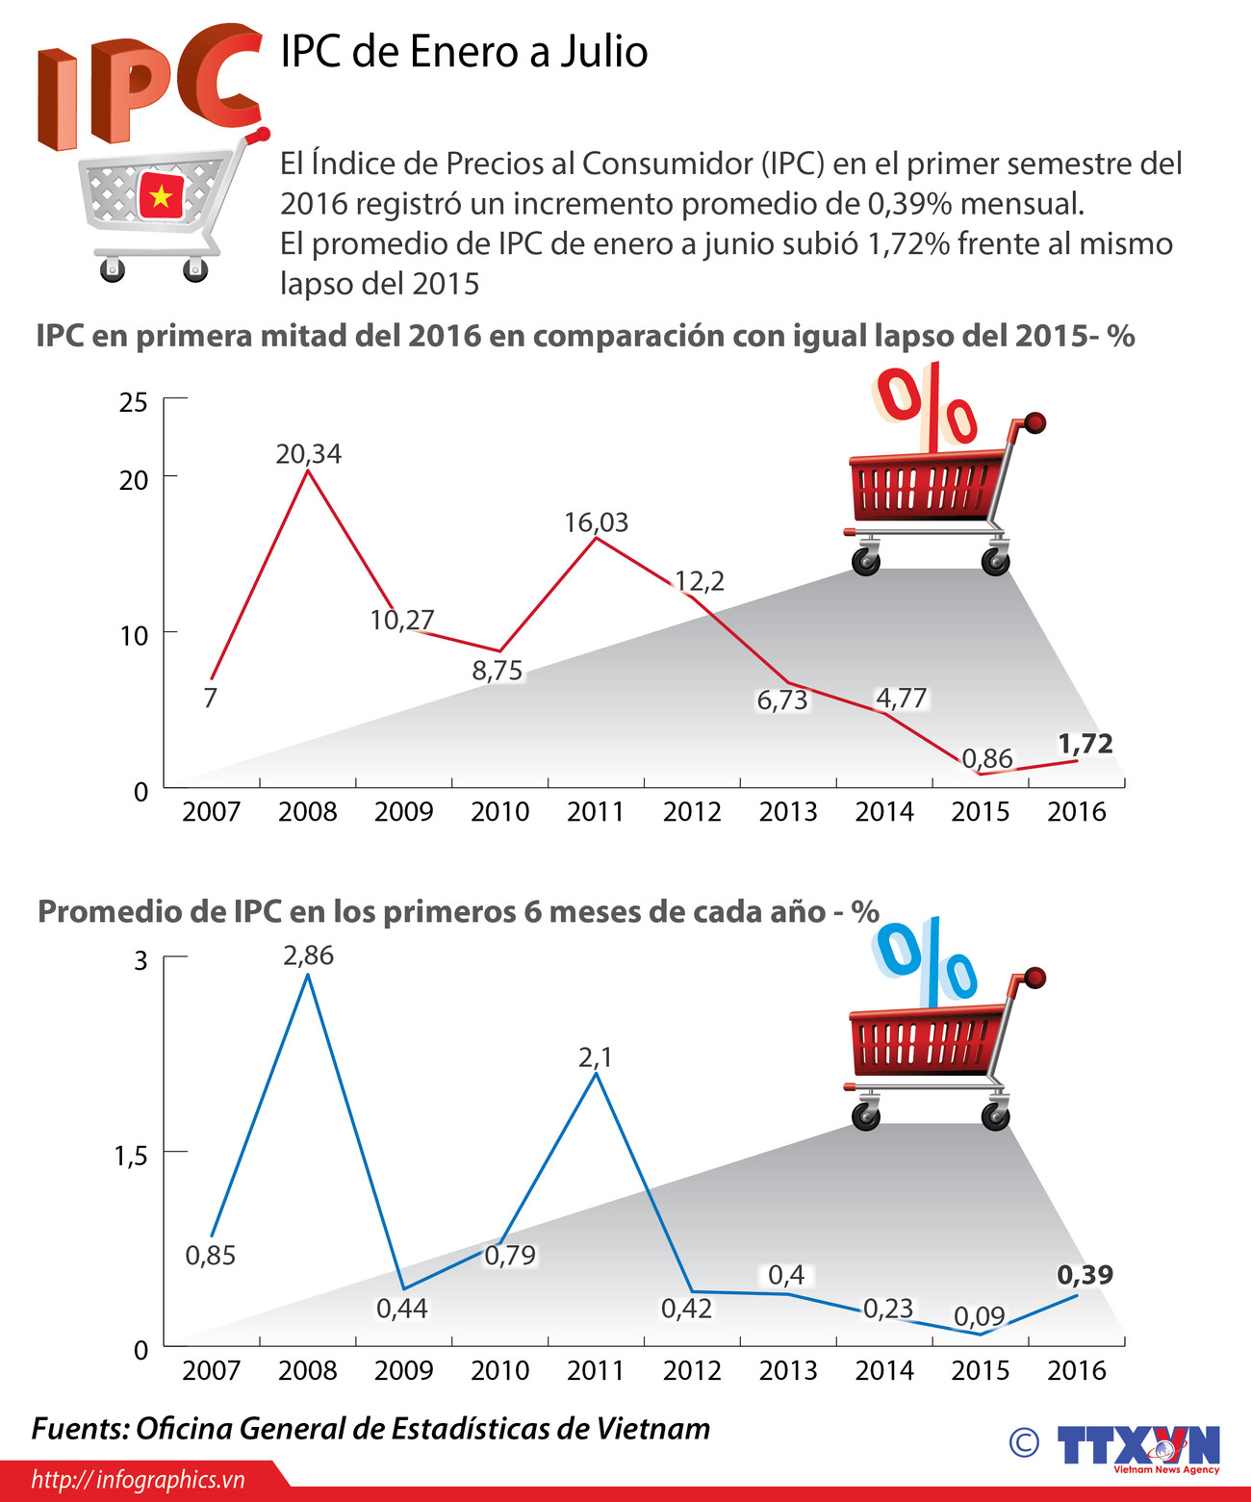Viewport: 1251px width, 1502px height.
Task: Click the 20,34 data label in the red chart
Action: pos(308,453)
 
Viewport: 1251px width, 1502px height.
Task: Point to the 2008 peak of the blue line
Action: pos(307,975)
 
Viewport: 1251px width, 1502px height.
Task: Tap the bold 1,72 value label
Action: pos(1085,744)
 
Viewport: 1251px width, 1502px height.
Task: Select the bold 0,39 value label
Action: pos(1085,1275)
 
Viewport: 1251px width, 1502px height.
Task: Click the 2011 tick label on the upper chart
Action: pos(596,812)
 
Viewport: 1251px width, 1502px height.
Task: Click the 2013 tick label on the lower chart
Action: pos(787,1370)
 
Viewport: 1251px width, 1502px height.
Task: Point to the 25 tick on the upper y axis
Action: pos(134,402)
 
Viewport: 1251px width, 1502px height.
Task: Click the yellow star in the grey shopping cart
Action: pos(161,197)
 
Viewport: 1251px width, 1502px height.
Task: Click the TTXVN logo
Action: pos(1138,1445)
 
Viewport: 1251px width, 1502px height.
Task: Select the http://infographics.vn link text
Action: pos(138,1480)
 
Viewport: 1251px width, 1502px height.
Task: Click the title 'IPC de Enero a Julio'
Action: pos(464,52)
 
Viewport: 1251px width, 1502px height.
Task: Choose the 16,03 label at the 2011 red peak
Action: pos(596,522)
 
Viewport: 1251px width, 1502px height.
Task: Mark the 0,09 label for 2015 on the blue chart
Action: pos(979,1315)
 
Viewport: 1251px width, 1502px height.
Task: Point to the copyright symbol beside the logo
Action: pos(1024,1441)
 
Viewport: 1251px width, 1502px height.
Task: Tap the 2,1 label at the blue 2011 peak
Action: pos(595,1057)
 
